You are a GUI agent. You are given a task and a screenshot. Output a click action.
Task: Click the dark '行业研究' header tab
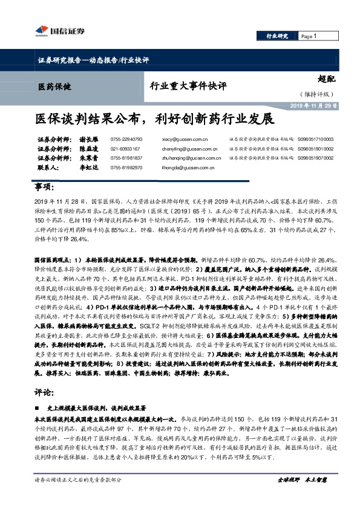coord(277,36)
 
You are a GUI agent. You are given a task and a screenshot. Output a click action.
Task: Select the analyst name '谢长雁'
coord(73,139)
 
